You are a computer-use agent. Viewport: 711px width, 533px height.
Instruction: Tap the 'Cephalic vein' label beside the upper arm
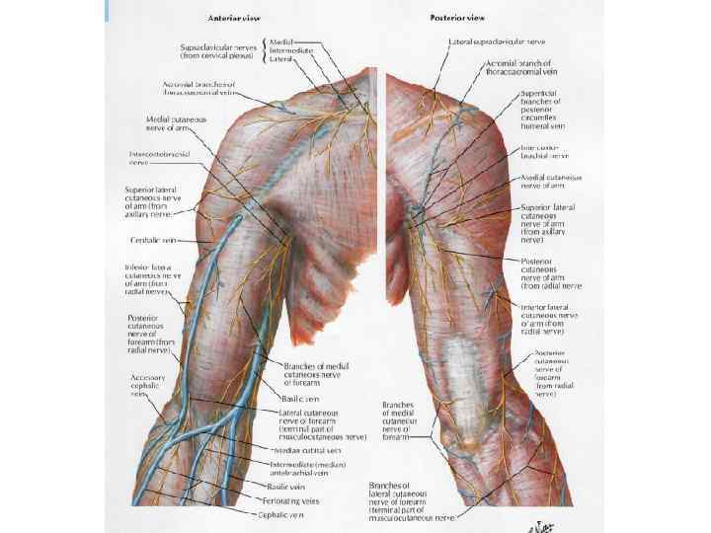(x=152, y=240)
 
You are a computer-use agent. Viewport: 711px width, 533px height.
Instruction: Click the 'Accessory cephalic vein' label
(x=148, y=385)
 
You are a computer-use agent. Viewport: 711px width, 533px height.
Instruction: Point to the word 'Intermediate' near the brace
(x=290, y=50)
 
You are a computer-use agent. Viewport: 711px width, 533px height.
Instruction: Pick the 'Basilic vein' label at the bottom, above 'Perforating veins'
(x=286, y=486)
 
